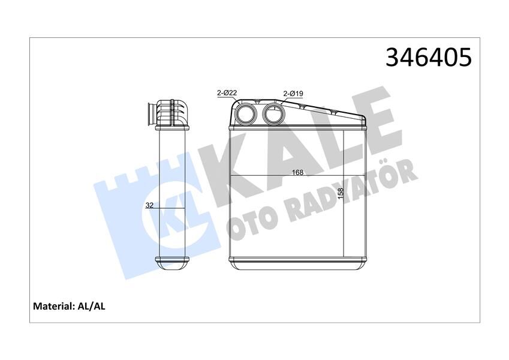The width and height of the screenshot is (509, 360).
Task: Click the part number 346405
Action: (428, 57)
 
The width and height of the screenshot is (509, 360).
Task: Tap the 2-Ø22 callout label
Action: (227, 92)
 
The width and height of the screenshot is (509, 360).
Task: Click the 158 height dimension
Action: (340, 195)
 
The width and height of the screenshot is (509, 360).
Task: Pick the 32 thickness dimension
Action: (150, 205)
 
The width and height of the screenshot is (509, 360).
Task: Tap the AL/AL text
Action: (92, 307)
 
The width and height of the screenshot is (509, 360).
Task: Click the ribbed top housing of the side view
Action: (172, 110)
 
